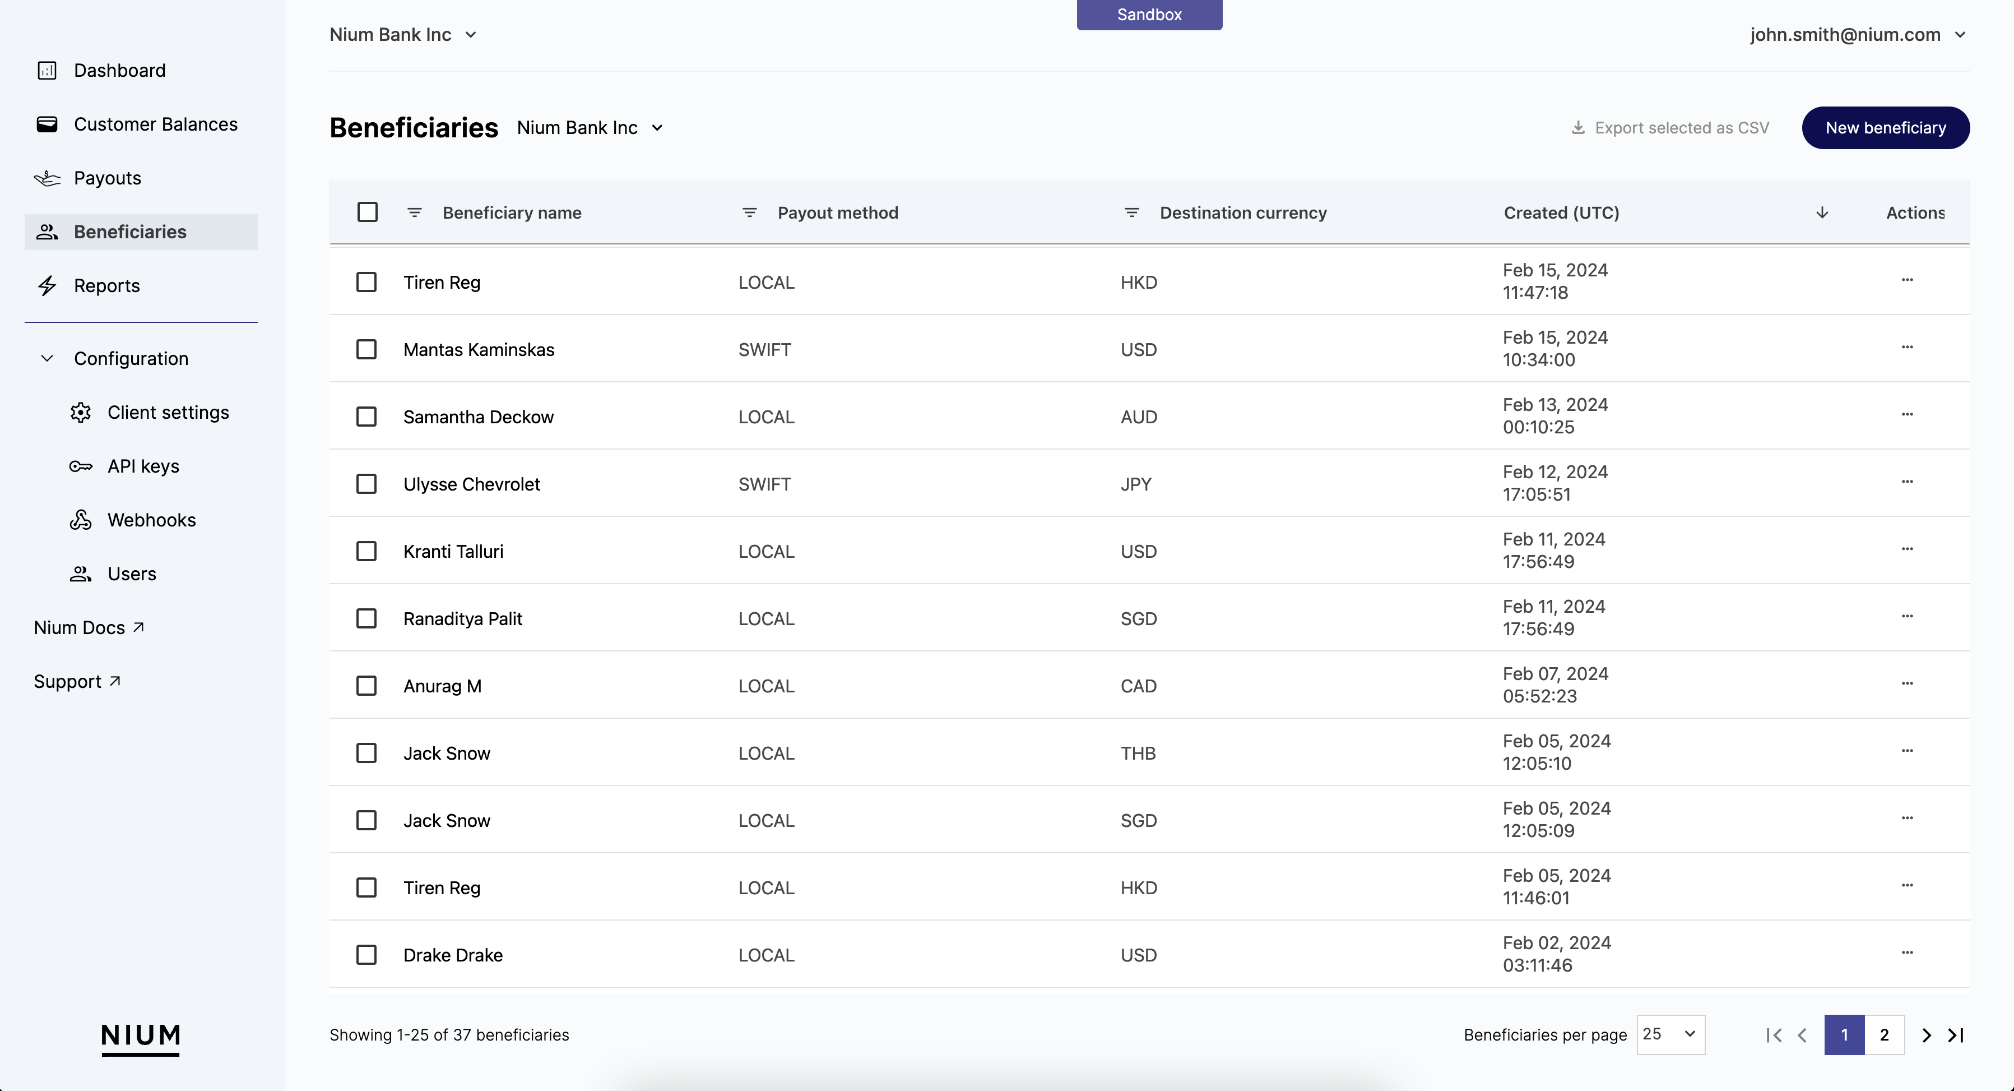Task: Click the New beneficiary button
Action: pyautogui.click(x=1885, y=127)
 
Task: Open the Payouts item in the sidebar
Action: pyautogui.click(x=107, y=178)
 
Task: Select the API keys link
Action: pyautogui.click(x=143, y=466)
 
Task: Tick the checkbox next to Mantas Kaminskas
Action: pyautogui.click(x=366, y=350)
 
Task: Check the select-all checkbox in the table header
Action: pyautogui.click(x=366, y=212)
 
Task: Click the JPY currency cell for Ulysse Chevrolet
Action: pyautogui.click(x=1135, y=484)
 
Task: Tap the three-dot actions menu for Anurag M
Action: pyautogui.click(x=1907, y=683)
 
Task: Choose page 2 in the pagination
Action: pyautogui.click(x=1884, y=1035)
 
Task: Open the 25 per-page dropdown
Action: pyautogui.click(x=1670, y=1035)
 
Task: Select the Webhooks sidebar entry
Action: pyautogui.click(x=151, y=520)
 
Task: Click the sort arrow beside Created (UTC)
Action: pyautogui.click(x=1822, y=212)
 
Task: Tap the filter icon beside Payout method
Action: pyautogui.click(x=749, y=212)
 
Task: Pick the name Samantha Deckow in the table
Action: pyautogui.click(x=477, y=417)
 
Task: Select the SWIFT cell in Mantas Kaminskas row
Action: pyautogui.click(x=764, y=350)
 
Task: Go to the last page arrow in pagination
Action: pyautogui.click(x=1955, y=1035)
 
